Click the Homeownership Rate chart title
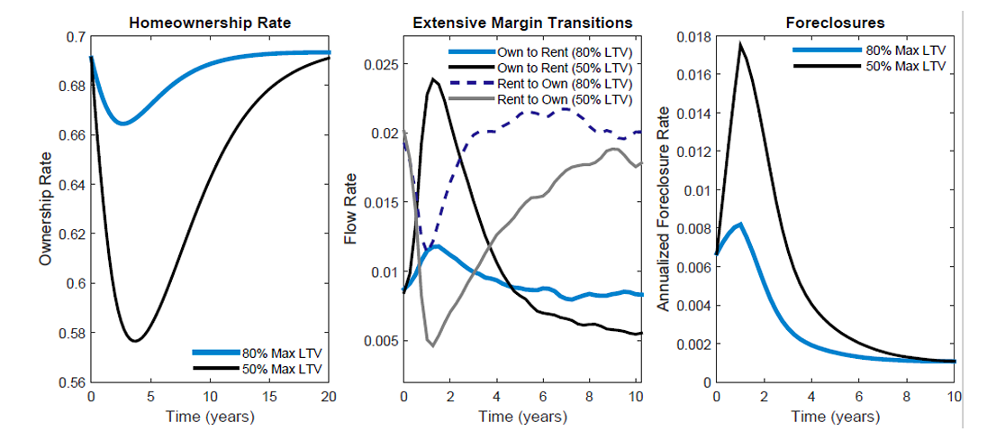coord(211,22)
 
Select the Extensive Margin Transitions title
coord(522,22)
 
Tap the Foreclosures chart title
coord(835,22)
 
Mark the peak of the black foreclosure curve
coord(740,43)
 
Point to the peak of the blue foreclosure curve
coord(740,224)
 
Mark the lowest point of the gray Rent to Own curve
coord(433,345)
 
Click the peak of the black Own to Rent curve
coord(433,78)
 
